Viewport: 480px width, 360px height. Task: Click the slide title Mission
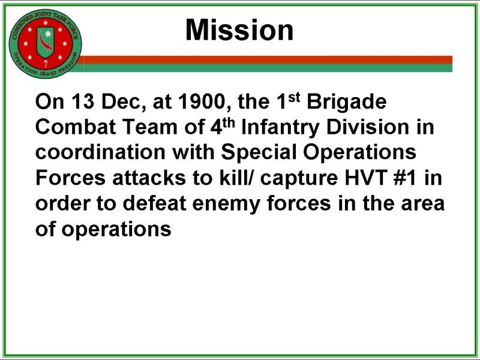pos(239,30)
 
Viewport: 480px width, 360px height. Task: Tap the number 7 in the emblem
pos(46,64)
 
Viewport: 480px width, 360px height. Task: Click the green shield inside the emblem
pos(46,42)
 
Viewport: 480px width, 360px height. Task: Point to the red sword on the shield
pos(44,42)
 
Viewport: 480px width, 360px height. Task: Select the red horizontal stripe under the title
pos(267,59)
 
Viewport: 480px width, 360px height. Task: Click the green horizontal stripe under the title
pos(267,68)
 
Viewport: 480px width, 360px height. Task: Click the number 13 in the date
pos(83,101)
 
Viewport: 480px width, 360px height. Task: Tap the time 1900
pos(202,101)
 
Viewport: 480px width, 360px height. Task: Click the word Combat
pos(76,127)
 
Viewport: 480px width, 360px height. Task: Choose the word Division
pos(368,127)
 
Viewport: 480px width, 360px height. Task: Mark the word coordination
pos(100,152)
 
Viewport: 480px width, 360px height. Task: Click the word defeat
pos(155,203)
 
